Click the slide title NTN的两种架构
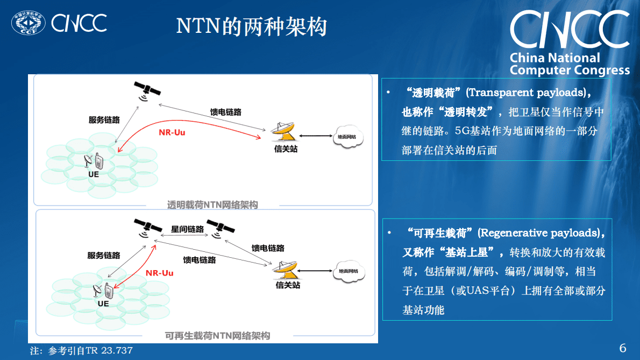(x=251, y=26)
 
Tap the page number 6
(x=623, y=348)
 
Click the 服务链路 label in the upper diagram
(x=104, y=119)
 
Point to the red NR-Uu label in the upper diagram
(x=172, y=132)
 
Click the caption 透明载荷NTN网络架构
(x=212, y=205)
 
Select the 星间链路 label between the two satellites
(x=187, y=229)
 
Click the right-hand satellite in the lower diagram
(x=220, y=227)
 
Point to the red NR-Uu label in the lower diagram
(x=159, y=273)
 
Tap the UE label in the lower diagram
(x=103, y=303)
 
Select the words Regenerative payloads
(x=541, y=233)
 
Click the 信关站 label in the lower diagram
(x=288, y=285)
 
